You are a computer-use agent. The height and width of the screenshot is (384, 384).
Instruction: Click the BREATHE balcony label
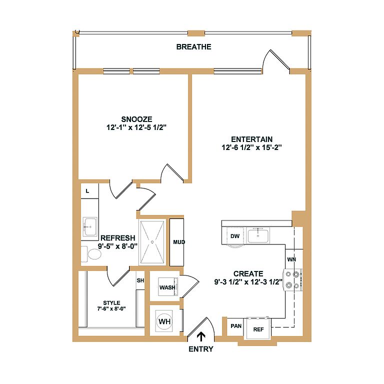pyautogui.click(x=193, y=47)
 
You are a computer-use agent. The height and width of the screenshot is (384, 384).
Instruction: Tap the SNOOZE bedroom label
pyautogui.click(x=136, y=119)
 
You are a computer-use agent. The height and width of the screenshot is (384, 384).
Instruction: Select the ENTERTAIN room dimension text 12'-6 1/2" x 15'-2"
pyautogui.click(x=252, y=147)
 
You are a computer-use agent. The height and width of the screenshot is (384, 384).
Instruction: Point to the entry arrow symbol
pyautogui.click(x=201, y=336)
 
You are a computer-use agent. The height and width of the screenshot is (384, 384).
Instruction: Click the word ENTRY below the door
pyautogui.click(x=201, y=349)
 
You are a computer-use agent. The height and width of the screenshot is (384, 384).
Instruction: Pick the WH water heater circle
pyautogui.click(x=164, y=321)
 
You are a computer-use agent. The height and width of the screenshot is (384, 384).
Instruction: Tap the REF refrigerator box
pyautogui.click(x=258, y=329)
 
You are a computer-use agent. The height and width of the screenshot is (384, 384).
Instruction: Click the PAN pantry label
pyautogui.click(x=236, y=326)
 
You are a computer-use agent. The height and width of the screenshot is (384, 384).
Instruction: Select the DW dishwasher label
pyautogui.click(x=235, y=236)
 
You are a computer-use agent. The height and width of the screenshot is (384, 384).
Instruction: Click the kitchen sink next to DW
pyautogui.click(x=258, y=235)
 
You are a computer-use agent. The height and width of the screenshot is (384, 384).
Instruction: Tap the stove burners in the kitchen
pyautogui.click(x=293, y=279)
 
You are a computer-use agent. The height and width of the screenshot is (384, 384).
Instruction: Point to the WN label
pyautogui.click(x=291, y=259)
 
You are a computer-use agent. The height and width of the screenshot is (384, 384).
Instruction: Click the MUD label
pyautogui.click(x=179, y=242)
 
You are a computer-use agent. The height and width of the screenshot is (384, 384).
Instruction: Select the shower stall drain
pyautogui.click(x=152, y=242)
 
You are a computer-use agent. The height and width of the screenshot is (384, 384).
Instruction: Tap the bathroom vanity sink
pyautogui.click(x=89, y=227)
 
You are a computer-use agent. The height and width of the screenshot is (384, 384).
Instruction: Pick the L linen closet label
pyautogui.click(x=87, y=191)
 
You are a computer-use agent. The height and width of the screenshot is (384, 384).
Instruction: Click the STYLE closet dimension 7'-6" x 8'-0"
pyautogui.click(x=111, y=308)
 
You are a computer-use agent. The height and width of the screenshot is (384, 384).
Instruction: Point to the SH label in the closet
pyautogui.click(x=140, y=280)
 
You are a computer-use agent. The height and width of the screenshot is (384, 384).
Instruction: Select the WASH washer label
pyautogui.click(x=167, y=287)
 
